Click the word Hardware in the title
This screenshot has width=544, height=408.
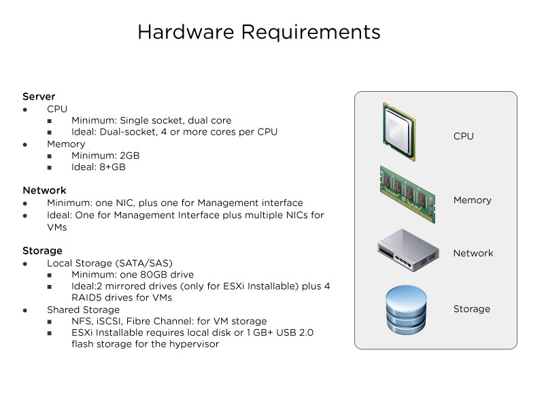[186, 32]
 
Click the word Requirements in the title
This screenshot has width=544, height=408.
[311, 33]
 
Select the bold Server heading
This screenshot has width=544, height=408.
[39, 97]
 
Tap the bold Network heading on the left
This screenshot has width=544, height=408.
[44, 190]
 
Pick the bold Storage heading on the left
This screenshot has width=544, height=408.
[42, 251]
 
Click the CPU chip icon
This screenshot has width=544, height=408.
[399, 132]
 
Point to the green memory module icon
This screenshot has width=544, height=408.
[407, 194]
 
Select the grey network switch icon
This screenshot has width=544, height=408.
[408, 250]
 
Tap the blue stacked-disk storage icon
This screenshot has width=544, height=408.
[406, 310]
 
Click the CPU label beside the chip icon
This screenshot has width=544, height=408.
[464, 136]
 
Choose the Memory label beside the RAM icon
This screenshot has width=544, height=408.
[473, 200]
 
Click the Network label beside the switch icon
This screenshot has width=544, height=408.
[473, 253]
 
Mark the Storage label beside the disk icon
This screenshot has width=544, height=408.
[472, 309]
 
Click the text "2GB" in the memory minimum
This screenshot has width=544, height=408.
[130, 156]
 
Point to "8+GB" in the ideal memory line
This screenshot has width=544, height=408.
[112, 167]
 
